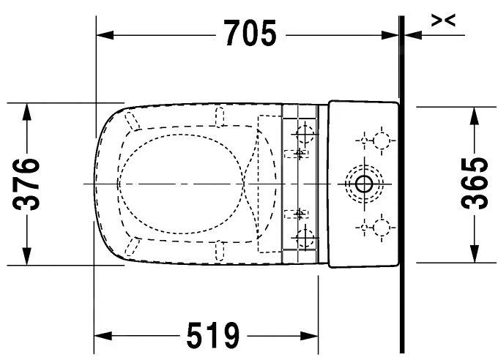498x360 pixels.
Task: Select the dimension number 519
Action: tap(213, 337)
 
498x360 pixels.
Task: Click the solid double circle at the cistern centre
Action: tap(362, 183)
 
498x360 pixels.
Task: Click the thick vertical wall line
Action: tap(402, 183)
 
